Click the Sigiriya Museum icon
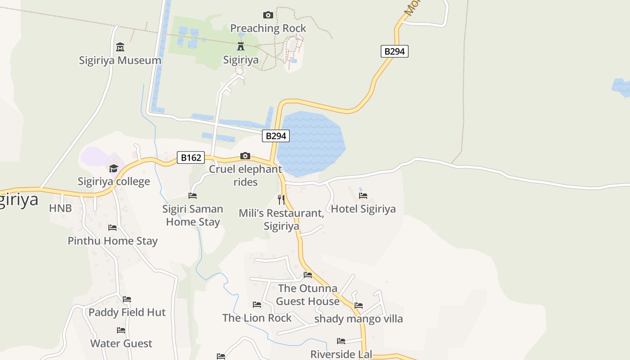point(120,47)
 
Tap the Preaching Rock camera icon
point(268,15)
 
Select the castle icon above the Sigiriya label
point(241,46)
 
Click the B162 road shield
point(191,157)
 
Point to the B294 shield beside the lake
point(275,136)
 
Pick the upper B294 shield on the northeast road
point(395,51)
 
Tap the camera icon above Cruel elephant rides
point(245,156)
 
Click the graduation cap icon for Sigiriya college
point(113,168)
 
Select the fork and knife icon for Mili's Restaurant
point(281,199)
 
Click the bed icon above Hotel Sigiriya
point(363,196)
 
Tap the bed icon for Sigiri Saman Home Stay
point(193,196)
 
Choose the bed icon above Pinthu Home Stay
point(112,228)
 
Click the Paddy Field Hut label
point(127,312)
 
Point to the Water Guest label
point(121,343)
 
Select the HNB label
point(60,208)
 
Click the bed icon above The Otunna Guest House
point(308,274)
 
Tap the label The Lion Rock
point(257,318)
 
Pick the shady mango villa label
point(358,319)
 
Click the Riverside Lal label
point(341,354)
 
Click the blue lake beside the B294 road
point(310,144)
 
